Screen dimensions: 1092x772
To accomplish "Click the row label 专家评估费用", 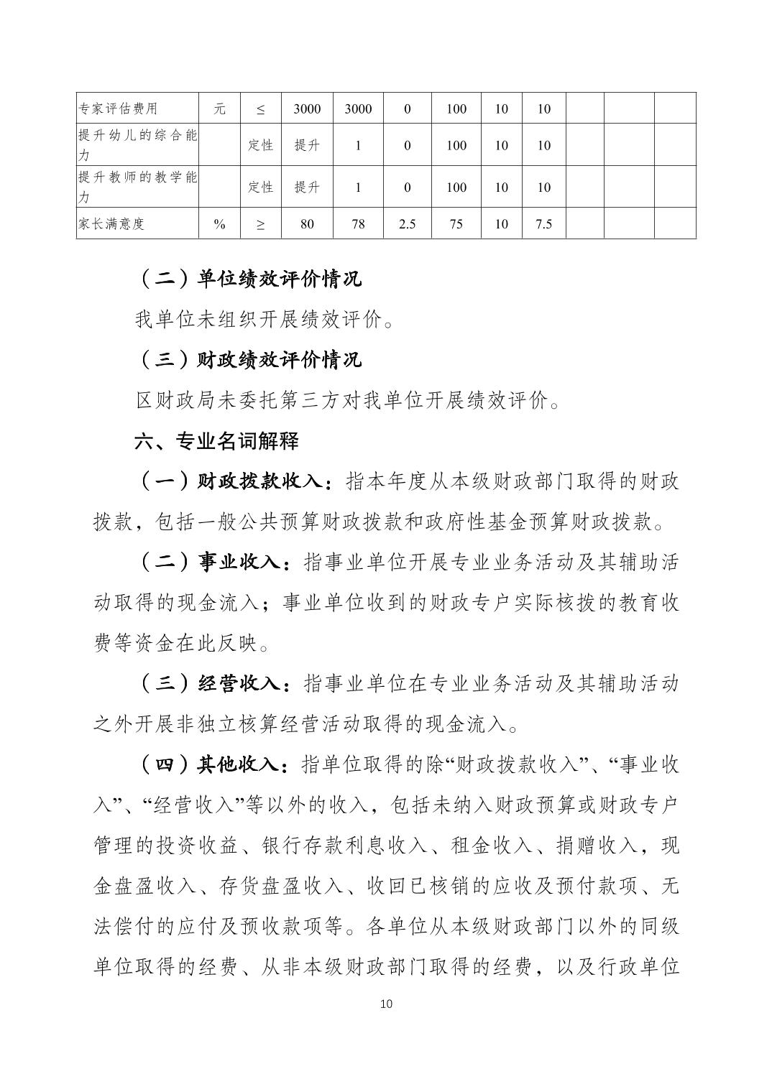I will tap(117, 108).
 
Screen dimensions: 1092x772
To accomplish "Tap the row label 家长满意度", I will tap(111, 223).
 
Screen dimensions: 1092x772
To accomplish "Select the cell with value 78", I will tap(358, 223).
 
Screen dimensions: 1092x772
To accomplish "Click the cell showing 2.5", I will tap(407, 223).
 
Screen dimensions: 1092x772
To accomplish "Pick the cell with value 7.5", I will tap(543, 223).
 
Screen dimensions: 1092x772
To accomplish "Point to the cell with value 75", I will tap(456, 223).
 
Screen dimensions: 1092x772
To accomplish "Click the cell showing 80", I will tap(307, 223).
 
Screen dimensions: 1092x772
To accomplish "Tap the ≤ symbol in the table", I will tap(260, 108).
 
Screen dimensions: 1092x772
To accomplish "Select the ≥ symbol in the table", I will tap(260, 223).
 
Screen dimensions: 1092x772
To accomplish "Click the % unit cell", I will tap(219, 223).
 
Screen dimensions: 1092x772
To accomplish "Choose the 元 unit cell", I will tap(219, 108).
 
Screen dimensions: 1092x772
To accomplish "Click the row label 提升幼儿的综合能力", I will tap(137, 144).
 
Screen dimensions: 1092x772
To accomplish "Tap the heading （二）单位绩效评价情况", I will tap(248, 279).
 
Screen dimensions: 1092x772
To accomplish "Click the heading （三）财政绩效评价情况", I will tap(248, 359).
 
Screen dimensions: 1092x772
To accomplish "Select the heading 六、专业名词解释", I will tap(216, 440).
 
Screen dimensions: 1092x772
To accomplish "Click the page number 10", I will tap(386, 1004).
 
